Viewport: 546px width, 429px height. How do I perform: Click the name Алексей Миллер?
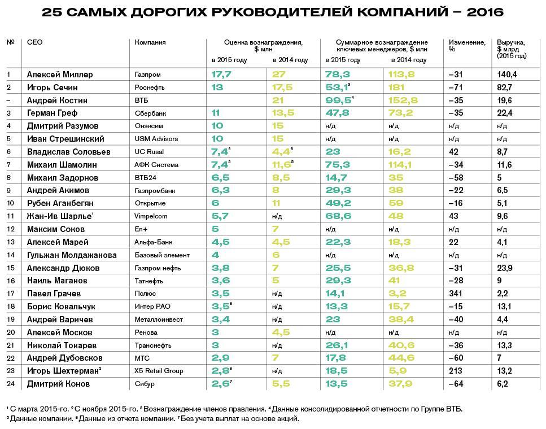click(x=59, y=75)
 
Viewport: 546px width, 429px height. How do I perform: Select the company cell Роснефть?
click(x=148, y=87)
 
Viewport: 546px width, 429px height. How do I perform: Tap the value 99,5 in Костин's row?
click(x=337, y=100)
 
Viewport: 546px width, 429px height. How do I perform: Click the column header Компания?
click(x=150, y=42)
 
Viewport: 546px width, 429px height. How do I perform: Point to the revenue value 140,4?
click(x=506, y=75)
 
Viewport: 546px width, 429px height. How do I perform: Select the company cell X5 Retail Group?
click(x=159, y=371)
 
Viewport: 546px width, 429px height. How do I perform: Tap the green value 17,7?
click(x=221, y=75)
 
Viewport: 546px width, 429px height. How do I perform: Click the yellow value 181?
click(x=396, y=87)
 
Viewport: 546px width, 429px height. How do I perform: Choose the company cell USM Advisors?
click(x=156, y=139)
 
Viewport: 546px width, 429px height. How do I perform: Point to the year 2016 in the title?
click(x=484, y=12)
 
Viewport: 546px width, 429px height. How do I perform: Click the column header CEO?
click(x=34, y=42)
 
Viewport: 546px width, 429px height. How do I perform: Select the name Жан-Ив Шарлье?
click(x=60, y=216)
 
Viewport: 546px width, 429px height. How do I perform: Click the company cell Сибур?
click(x=145, y=384)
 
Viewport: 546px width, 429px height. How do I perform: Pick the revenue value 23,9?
click(x=505, y=268)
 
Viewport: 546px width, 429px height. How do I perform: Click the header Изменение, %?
click(x=466, y=46)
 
